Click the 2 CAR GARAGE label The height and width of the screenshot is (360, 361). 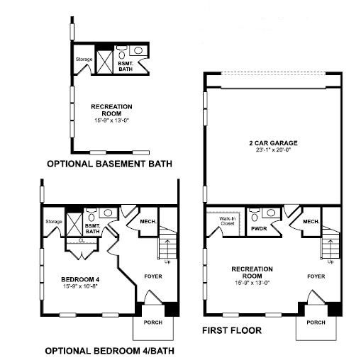(273, 143)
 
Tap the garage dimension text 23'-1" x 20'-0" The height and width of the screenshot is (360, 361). (273, 150)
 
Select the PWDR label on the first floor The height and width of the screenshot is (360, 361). (259, 229)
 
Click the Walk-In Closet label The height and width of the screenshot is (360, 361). (228, 221)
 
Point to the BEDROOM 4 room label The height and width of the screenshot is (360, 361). (80, 280)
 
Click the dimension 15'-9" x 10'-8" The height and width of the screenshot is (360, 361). (80, 286)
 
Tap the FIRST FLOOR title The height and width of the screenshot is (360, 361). (232, 330)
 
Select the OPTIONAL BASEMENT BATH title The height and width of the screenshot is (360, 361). (109, 164)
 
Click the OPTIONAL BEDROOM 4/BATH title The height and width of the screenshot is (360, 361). (109, 351)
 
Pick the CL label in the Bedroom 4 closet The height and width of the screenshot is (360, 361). (82, 241)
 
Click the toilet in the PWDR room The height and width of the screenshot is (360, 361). (255, 215)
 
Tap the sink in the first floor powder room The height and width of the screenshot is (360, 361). (271, 213)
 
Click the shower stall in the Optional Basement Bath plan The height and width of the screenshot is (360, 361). (105, 62)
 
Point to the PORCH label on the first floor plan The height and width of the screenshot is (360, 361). (316, 322)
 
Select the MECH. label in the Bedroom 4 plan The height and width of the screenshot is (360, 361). (148, 222)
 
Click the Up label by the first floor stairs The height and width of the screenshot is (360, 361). (331, 261)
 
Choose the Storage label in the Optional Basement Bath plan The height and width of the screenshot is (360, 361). (84, 60)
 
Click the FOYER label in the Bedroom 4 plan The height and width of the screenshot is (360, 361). (153, 276)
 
